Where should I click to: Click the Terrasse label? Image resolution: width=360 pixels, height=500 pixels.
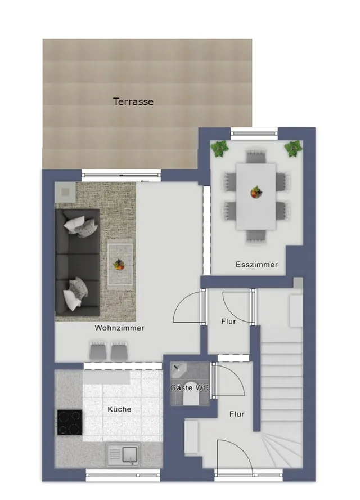tap(133, 101)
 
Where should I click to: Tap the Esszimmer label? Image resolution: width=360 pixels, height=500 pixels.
tap(256, 264)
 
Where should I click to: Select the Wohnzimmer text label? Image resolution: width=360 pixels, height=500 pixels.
tap(119, 328)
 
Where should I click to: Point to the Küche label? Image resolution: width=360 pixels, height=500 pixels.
tap(119, 409)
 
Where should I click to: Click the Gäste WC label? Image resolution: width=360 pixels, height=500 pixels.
tap(190, 388)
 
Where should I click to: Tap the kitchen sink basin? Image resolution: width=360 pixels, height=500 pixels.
tap(129, 454)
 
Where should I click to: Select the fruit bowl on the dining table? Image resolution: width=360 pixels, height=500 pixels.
tap(256, 193)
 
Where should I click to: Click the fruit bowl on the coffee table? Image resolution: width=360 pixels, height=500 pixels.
tap(119, 265)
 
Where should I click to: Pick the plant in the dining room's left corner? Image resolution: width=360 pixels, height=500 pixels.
tap(219, 149)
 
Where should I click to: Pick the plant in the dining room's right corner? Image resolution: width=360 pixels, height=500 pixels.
tap(293, 148)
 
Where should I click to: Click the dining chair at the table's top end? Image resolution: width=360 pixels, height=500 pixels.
tap(256, 157)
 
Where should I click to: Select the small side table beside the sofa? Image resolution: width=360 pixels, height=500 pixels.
tap(65, 192)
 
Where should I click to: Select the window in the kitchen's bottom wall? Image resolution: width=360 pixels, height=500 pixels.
tap(123, 475)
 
